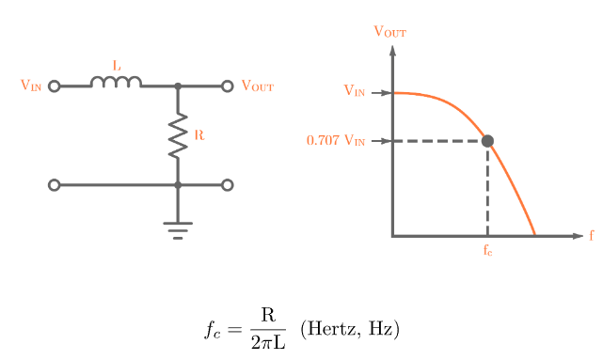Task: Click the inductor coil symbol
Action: pyautogui.click(x=116, y=83)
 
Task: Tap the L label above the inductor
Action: pyautogui.click(x=117, y=66)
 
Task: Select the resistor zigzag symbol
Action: pyautogui.click(x=178, y=135)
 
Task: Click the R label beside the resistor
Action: pyautogui.click(x=198, y=135)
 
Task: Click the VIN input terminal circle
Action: pyautogui.click(x=54, y=86)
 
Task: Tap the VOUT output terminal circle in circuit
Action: pyautogui.click(x=227, y=86)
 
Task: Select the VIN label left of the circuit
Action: pyautogui.click(x=31, y=86)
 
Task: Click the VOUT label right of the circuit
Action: pyautogui.click(x=257, y=86)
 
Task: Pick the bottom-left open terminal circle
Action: pyautogui.click(x=54, y=185)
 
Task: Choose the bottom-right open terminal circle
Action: pyautogui.click(x=227, y=185)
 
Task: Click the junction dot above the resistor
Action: pyautogui.click(x=178, y=86)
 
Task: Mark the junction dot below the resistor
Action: pyautogui.click(x=178, y=185)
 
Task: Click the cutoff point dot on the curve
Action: pyautogui.click(x=487, y=141)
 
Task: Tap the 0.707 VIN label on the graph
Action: pyautogui.click(x=335, y=141)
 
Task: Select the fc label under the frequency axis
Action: pyautogui.click(x=487, y=251)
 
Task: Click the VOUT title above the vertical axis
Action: pyautogui.click(x=390, y=31)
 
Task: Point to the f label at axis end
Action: pyautogui.click(x=592, y=235)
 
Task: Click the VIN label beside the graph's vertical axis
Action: pyautogui.click(x=355, y=92)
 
